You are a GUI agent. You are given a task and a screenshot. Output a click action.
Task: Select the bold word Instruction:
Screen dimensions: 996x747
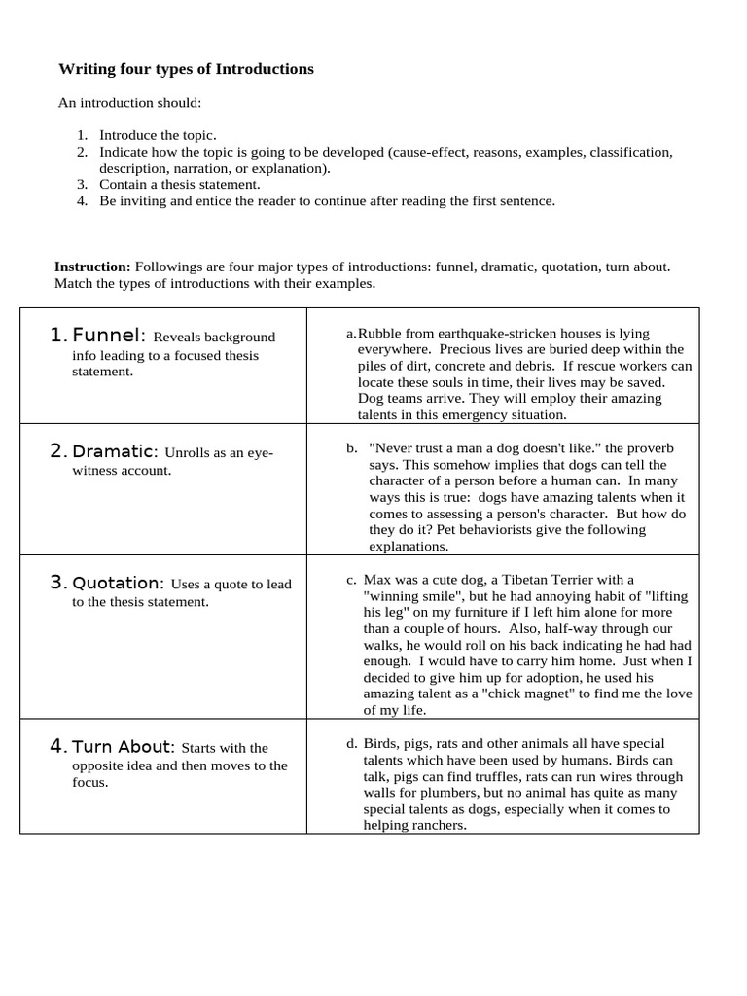click(92, 267)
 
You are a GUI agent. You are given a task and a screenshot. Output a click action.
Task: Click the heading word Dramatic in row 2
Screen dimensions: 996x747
click(115, 451)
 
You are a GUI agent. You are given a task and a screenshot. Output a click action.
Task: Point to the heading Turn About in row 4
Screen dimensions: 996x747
click(123, 746)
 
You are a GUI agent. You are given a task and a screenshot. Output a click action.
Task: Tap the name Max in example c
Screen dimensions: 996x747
click(377, 579)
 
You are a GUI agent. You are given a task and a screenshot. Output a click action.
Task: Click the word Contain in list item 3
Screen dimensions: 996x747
click(122, 184)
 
